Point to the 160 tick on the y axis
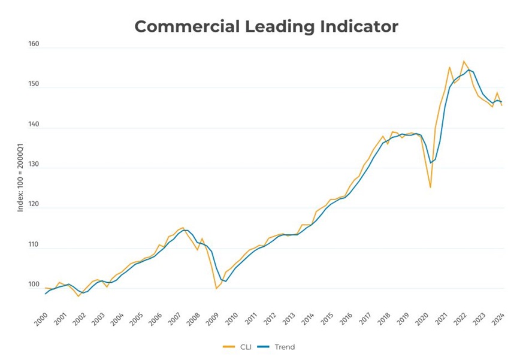tap(33, 44)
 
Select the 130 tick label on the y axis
tap(33, 165)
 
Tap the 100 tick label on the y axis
tap(33, 285)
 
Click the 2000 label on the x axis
tap(40, 318)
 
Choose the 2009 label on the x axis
tap(212, 318)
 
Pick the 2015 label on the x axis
tap(327, 318)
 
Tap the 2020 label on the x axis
tap(422, 318)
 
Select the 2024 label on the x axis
tap(498, 318)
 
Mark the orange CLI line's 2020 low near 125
tap(430, 187)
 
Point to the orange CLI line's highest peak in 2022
tap(463, 61)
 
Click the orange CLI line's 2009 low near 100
tap(216, 289)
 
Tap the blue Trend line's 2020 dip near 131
tap(430, 163)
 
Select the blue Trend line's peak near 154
tap(468, 69)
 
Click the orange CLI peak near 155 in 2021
tap(449, 67)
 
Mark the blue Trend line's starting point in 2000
tap(45, 294)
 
